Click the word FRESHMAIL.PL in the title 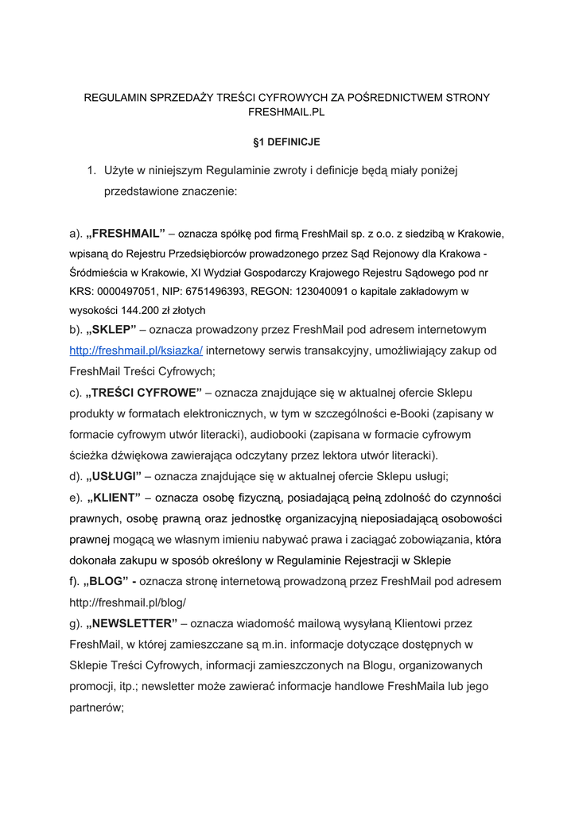287,113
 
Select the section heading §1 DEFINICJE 286,142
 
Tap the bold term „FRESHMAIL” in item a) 124,233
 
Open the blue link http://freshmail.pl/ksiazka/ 136,350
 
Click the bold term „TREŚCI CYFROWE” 145,393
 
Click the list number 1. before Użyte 91,170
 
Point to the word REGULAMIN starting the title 117,97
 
